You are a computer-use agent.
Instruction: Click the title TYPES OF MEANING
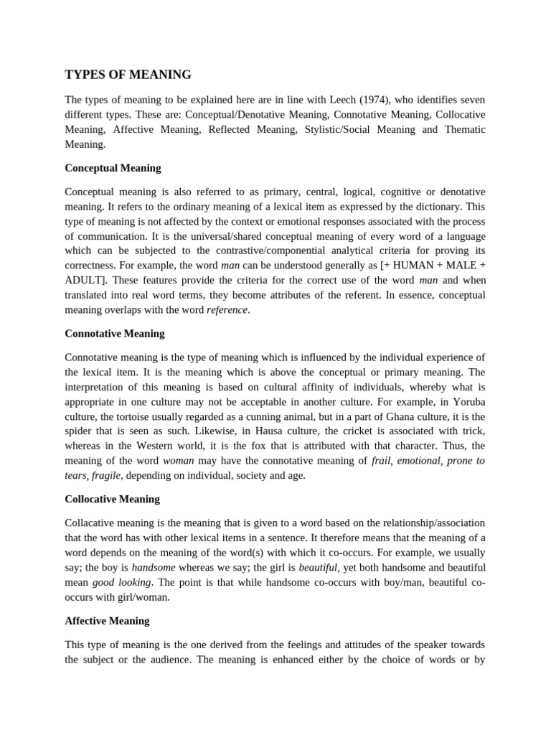point(128,75)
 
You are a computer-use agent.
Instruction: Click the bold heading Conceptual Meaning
point(113,168)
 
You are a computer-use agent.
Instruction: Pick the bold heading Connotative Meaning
point(115,334)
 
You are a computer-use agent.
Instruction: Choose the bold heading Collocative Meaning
point(113,499)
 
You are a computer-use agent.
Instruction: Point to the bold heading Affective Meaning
point(107,621)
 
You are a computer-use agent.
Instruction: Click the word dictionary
point(437,207)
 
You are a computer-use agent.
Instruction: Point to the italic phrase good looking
point(121,581)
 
